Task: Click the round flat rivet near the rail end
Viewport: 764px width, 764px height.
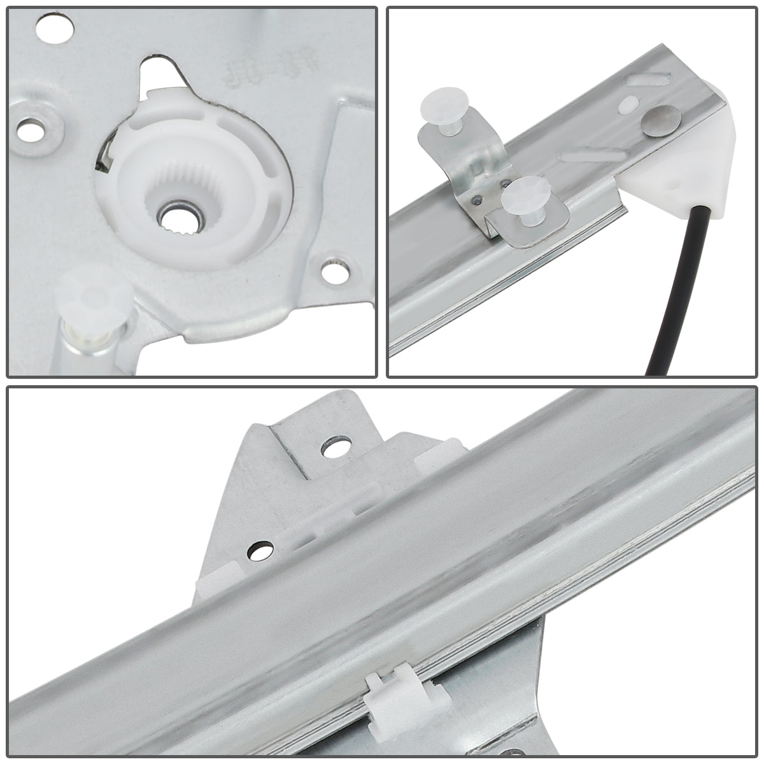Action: pyautogui.click(x=661, y=120)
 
